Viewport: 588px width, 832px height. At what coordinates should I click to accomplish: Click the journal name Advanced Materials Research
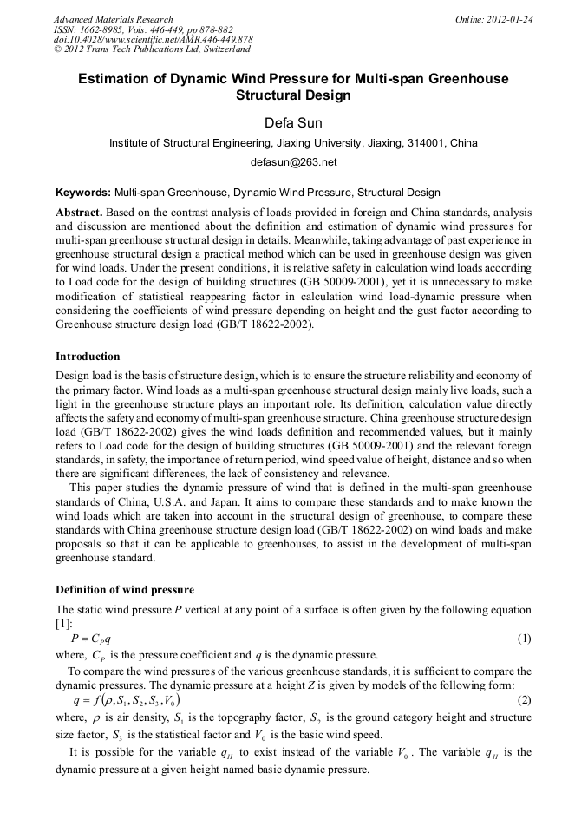[113, 18]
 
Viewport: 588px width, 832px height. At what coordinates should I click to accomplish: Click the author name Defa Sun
[293, 122]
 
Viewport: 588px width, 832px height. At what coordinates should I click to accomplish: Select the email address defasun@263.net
[293, 161]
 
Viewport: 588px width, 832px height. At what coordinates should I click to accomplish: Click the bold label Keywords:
[83, 193]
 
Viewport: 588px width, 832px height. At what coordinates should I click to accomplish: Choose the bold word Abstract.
[81, 213]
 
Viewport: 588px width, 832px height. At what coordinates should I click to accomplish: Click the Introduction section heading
[88, 357]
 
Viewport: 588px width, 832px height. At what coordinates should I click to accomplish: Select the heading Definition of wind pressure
[125, 590]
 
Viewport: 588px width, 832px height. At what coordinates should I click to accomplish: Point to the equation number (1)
[524, 639]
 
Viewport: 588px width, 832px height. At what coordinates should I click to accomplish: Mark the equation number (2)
[524, 699]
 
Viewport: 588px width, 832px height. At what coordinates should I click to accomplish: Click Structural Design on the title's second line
[293, 95]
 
